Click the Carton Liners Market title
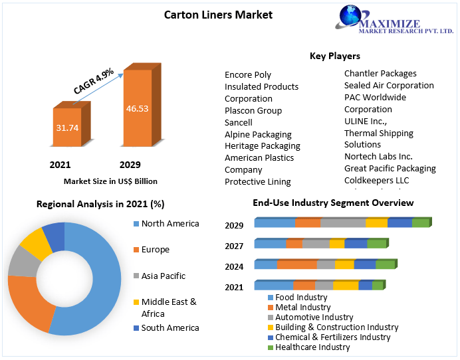coord(218,14)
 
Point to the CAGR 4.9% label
coord(94,80)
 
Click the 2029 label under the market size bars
coord(130,165)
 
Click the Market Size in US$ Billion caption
coord(110,181)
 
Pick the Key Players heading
coord(335,56)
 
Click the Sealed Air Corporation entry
coord(389,85)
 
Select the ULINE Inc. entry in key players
coord(366,121)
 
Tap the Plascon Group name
coord(253,110)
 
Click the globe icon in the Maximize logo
coord(351,17)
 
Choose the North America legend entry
coord(170,223)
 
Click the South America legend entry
coord(170,327)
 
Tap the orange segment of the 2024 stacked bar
coord(296,264)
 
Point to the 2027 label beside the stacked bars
coord(234,246)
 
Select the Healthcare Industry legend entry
coord(312,347)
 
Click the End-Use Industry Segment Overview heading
coord(333,203)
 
